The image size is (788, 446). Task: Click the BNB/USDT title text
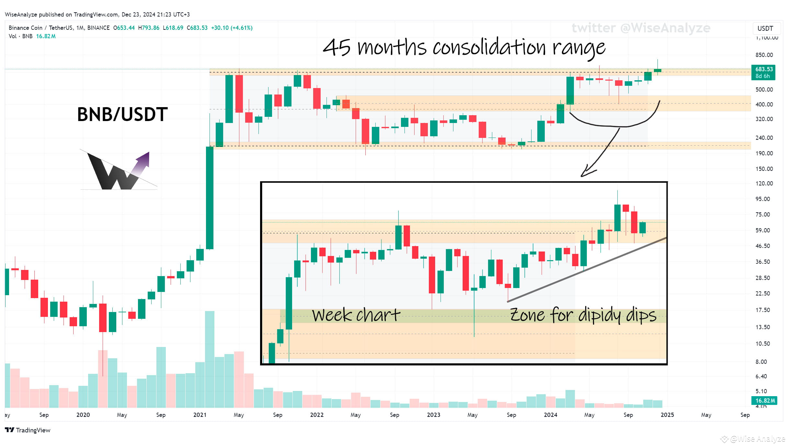point(122,114)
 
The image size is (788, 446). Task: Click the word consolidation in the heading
point(489,48)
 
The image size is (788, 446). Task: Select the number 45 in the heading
point(337,48)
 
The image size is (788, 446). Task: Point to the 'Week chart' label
point(356,315)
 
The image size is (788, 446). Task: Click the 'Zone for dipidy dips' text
point(583,315)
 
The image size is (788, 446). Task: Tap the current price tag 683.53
point(764,69)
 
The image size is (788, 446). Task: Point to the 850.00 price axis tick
point(764,55)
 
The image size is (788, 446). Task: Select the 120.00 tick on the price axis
point(764,184)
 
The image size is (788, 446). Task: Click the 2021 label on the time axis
point(200,415)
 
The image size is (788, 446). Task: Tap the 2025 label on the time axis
point(667,415)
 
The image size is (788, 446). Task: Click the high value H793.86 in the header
point(149,28)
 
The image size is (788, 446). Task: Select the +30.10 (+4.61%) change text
point(232,28)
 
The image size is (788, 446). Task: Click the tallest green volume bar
point(210,359)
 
